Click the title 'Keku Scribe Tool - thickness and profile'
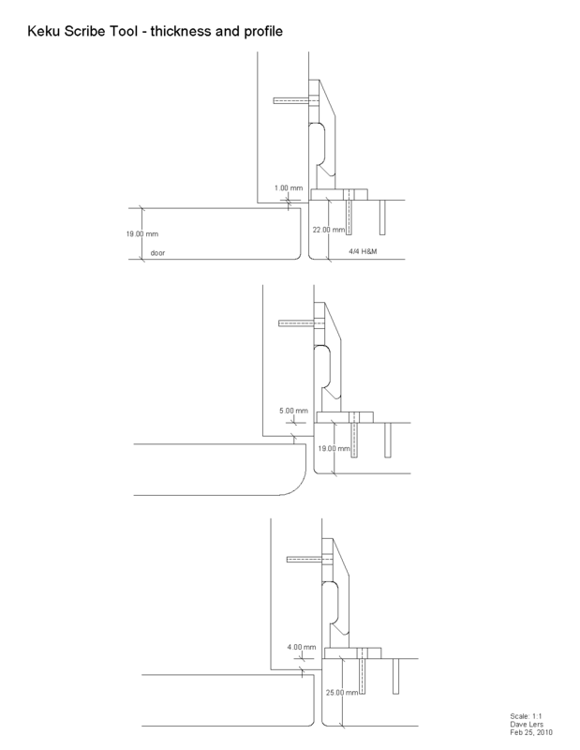[155, 32]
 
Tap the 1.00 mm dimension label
[289, 188]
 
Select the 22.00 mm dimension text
[329, 230]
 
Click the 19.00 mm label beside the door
[142, 233]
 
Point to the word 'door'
[157, 253]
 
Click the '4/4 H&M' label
[363, 251]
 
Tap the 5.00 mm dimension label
[293, 411]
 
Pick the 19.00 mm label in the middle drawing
[335, 449]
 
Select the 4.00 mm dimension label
[302, 647]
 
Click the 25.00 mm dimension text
[342, 693]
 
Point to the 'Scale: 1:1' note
[526, 716]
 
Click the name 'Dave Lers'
[527, 724]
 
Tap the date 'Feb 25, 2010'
[531, 732]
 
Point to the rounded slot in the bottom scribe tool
[330, 605]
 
